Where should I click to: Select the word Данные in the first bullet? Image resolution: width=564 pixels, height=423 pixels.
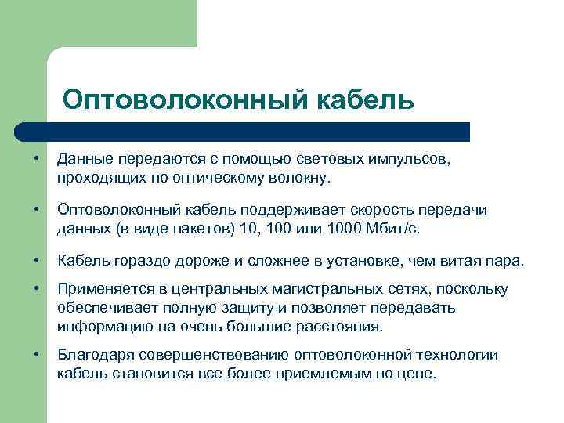[x=83, y=159]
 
